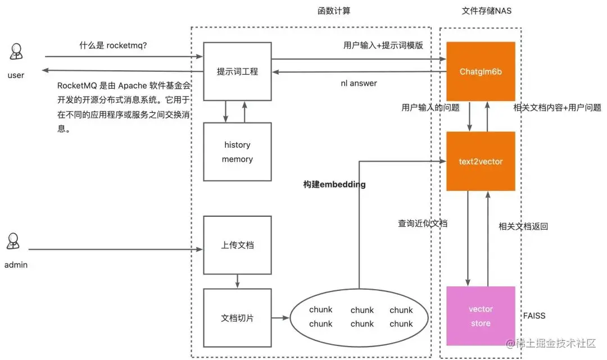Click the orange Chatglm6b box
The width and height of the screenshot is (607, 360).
point(481,71)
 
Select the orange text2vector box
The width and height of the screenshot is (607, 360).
point(481,161)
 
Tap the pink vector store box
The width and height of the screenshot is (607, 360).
point(481,316)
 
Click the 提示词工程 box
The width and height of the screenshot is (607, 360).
point(237,71)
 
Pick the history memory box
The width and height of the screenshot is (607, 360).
point(237,152)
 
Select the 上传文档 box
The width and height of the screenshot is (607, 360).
point(237,245)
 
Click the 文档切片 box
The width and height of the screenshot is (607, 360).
point(237,318)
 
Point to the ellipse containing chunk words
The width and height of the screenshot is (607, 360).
point(360,317)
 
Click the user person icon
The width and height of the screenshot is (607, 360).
point(16,53)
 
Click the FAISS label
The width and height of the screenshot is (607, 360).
point(534,316)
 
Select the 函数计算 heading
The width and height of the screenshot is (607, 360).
point(335,11)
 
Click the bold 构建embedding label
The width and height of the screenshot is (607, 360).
point(334,184)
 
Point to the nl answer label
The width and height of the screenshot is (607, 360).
point(359,83)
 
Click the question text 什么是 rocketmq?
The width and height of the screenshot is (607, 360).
point(113,45)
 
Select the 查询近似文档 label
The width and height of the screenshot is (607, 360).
point(423,223)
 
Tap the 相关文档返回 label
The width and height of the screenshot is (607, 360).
point(523,226)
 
